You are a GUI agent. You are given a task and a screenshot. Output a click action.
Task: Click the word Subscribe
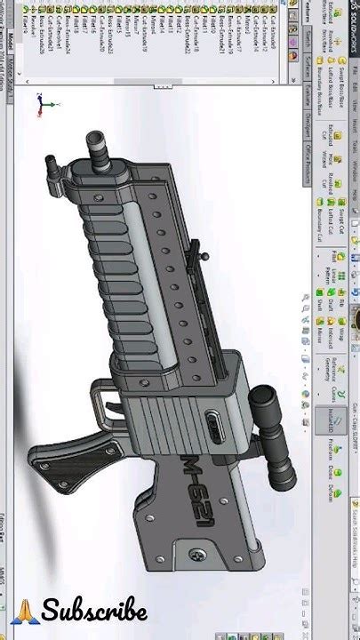pos(93,612)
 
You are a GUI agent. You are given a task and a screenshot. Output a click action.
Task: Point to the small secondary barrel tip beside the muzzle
pos(52,164)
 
